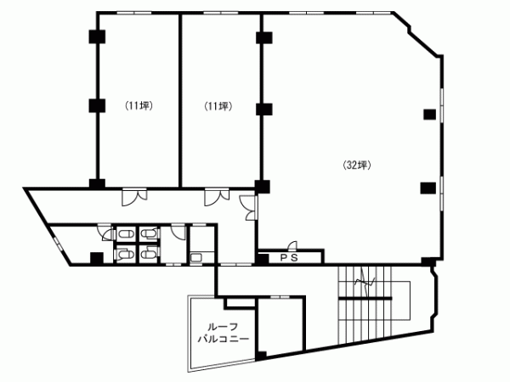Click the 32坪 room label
[x=357, y=166]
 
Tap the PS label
[x=289, y=257]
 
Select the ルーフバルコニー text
[x=224, y=332]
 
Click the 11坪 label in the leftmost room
[x=139, y=105]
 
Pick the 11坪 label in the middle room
[x=218, y=106]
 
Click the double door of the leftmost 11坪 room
[x=134, y=197]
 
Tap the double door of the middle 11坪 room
[x=217, y=197]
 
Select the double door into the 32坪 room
[x=248, y=208]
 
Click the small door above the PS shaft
[x=292, y=245]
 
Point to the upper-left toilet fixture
[x=125, y=233]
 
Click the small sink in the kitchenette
[x=196, y=258]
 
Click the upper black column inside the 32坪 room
[x=429, y=115]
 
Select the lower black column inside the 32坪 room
[x=428, y=188]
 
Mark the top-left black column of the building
[x=97, y=37]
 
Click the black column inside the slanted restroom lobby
[x=97, y=259]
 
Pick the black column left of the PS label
[x=263, y=259]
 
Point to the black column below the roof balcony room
[x=261, y=356]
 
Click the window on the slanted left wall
[x=58, y=244]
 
